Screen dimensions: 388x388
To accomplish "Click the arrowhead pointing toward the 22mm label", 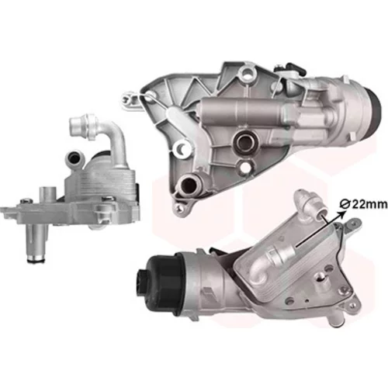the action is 343,213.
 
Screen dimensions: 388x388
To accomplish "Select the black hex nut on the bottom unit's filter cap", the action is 141,281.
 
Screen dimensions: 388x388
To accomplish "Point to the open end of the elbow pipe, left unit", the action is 76,122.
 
